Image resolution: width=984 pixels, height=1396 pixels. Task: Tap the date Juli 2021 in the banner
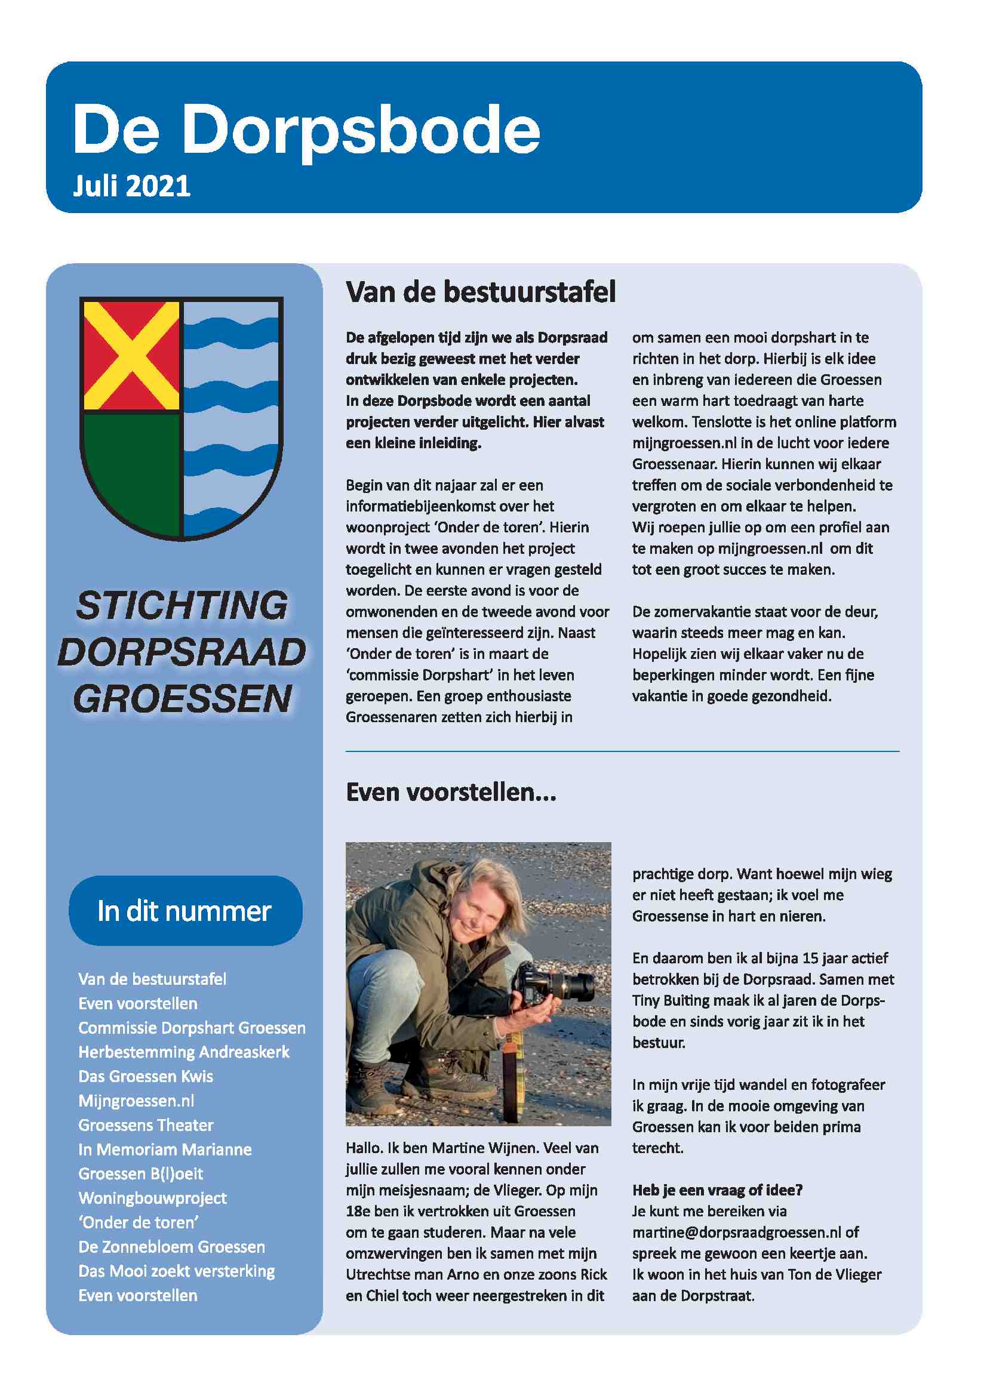pyautogui.click(x=131, y=186)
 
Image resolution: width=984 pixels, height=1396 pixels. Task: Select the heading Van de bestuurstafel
pyautogui.click(x=481, y=292)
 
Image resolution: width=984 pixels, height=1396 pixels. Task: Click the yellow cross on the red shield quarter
pyautogui.click(x=131, y=356)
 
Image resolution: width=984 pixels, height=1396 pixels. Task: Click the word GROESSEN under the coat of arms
pyautogui.click(x=183, y=699)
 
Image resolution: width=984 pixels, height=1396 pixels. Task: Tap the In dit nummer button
pyautogui.click(x=185, y=911)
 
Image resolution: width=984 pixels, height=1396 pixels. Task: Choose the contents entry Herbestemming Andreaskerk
pyautogui.click(x=184, y=1052)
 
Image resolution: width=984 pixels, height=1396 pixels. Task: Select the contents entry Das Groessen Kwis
pyautogui.click(x=146, y=1076)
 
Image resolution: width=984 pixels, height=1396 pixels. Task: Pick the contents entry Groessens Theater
pyautogui.click(x=146, y=1125)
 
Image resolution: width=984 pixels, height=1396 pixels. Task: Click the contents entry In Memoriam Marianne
pyautogui.click(x=165, y=1149)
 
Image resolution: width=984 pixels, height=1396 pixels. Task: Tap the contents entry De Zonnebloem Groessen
pyautogui.click(x=171, y=1246)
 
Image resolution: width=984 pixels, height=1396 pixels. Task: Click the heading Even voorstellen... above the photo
pyautogui.click(x=451, y=793)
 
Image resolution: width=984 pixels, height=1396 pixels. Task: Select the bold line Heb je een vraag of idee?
pyautogui.click(x=717, y=1190)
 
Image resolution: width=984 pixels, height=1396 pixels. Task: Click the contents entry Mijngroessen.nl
pyautogui.click(x=136, y=1101)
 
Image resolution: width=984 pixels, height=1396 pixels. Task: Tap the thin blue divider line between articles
pyautogui.click(x=622, y=751)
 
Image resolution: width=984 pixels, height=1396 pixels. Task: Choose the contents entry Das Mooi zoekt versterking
pyautogui.click(x=176, y=1271)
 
